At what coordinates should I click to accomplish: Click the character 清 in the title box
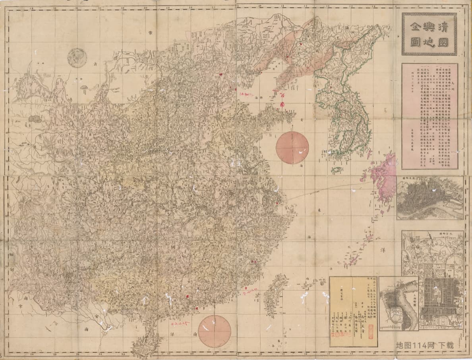click(445, 26)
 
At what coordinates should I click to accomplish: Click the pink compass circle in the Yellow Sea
click(292, 148)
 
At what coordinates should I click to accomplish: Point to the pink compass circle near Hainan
click(214, 331)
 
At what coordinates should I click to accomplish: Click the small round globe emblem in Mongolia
click(77, 58)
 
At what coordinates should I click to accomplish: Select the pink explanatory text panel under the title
click(429, 116)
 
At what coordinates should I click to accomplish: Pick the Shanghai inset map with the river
click(398, 304)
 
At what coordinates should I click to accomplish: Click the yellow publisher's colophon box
click(353, 312)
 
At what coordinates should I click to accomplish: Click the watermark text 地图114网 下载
click(424, 345)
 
